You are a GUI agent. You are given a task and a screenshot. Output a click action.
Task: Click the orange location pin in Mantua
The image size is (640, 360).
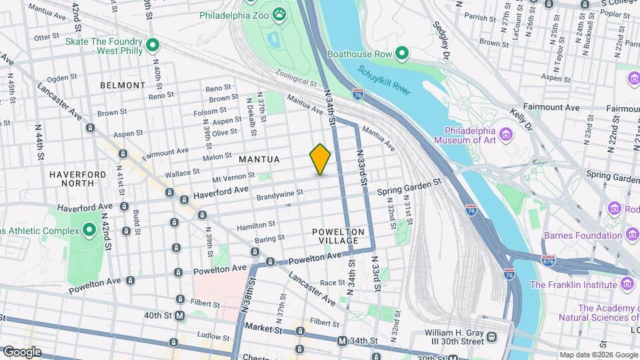[x=320, y=159]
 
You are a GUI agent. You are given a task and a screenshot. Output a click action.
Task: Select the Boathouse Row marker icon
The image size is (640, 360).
[x=401, y=53]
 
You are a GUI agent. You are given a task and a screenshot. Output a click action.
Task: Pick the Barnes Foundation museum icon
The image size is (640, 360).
[x=631, y=235]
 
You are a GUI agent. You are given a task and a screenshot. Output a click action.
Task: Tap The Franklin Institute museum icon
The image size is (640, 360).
[x=627, y=285]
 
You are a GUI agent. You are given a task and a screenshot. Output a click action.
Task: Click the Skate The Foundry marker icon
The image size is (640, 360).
[x=153, y=45]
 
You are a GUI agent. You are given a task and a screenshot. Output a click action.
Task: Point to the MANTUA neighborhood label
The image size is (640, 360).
[x=260, y=159]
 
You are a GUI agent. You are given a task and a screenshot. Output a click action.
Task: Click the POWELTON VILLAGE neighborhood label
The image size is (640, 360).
[x=339, y=237]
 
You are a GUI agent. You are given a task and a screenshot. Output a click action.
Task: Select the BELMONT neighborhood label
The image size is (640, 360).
[x=122, y=85]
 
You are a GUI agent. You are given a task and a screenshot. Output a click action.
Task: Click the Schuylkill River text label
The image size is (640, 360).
[x=383, y=81]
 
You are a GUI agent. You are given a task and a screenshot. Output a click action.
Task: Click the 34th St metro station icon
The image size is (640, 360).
[x=342, y=341]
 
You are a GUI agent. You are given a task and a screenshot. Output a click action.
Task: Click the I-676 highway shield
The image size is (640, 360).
[x=548, y=259]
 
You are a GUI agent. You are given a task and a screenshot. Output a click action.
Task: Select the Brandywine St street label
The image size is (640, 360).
[x=280, y=194]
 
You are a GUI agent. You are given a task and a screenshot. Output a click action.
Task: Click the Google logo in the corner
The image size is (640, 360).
[x=22, y=351]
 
